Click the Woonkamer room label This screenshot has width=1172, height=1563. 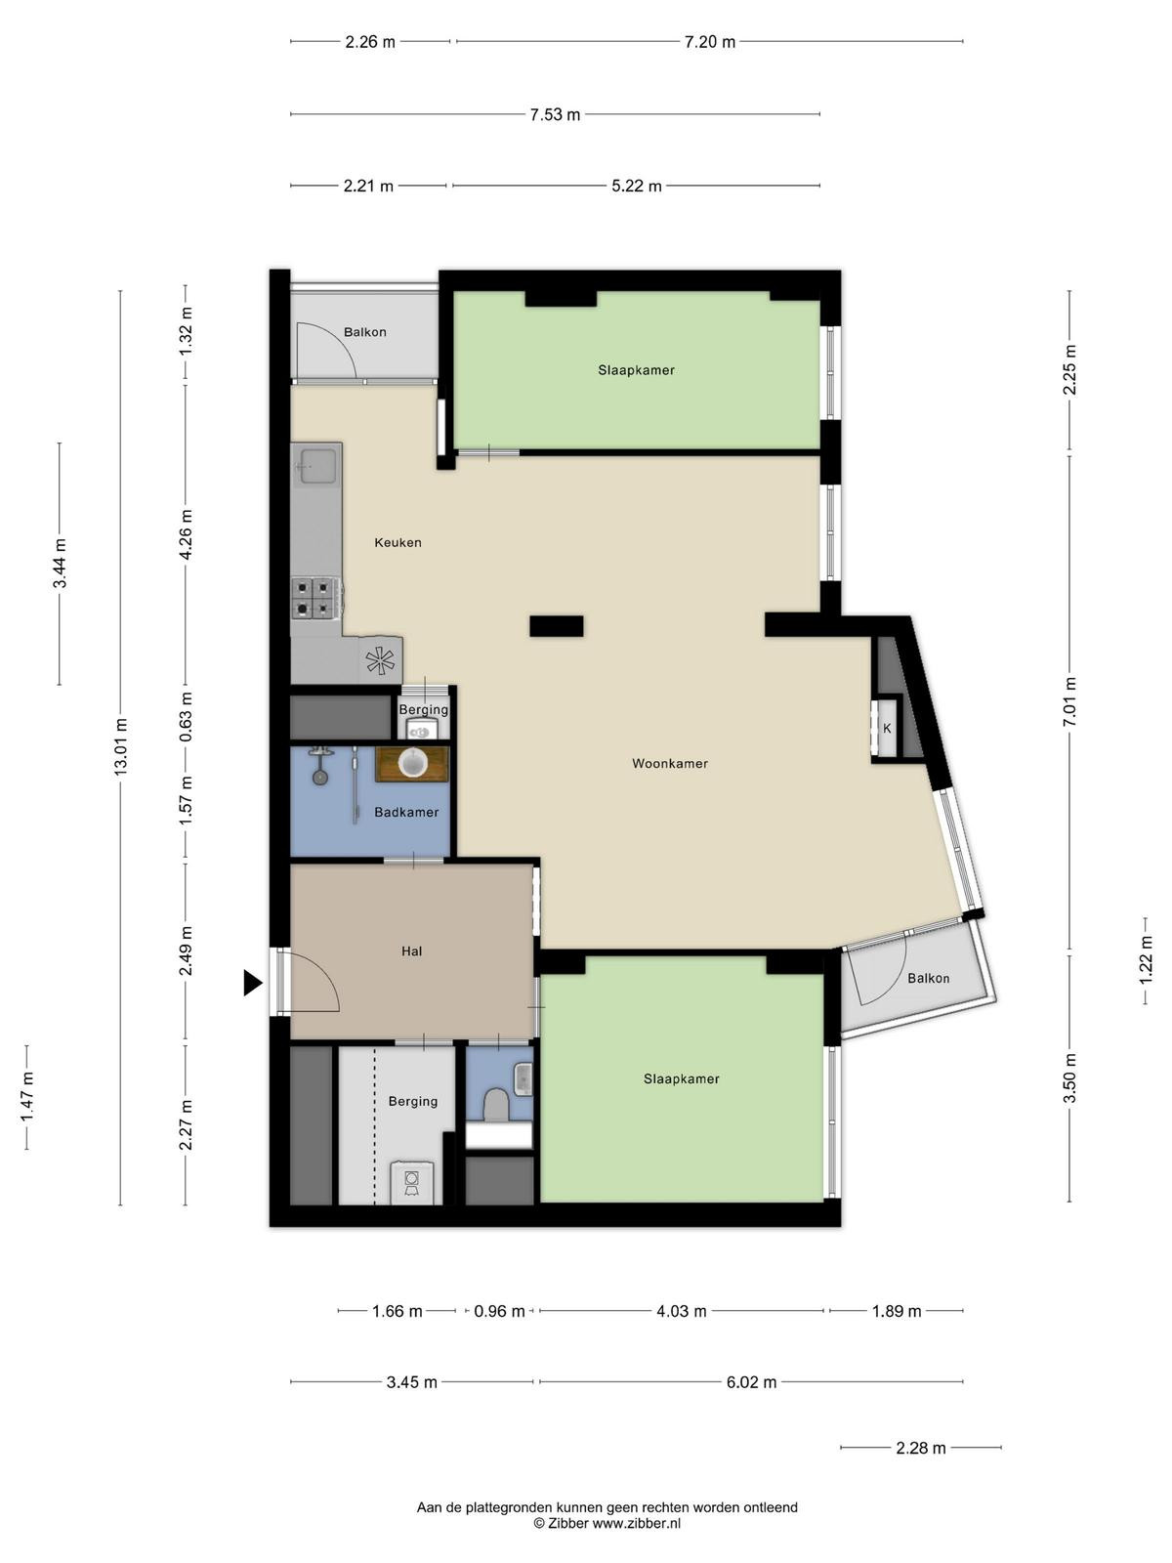[670, 763]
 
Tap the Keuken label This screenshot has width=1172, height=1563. [398, 542]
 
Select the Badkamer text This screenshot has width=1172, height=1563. [406, 812]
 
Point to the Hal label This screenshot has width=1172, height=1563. [411, 950]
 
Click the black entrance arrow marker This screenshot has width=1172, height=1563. [252, 983]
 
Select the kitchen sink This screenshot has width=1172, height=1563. [317, 464]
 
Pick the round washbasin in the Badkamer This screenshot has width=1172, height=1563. [412, 763]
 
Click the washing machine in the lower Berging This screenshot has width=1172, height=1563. [411, 1183]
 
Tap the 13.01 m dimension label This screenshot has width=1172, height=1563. [121, 747]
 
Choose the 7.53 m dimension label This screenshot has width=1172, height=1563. [555, 114]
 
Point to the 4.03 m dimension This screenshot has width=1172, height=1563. [681, 1311]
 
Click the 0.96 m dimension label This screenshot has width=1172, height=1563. [499, 1311]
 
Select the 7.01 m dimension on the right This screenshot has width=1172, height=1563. [1069, 702]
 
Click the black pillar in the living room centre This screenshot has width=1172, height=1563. [557, 626]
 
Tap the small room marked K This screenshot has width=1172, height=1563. [887, 729]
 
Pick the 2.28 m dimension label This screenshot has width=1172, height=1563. [921, 1448]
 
